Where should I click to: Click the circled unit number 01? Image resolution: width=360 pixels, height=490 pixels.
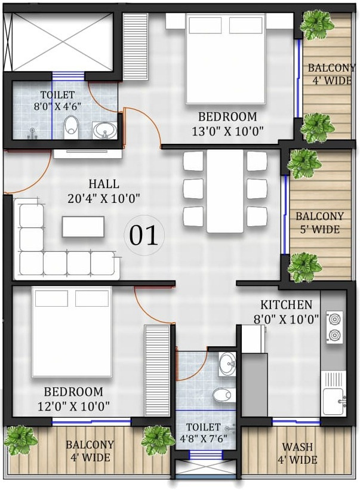(x=144, y=235)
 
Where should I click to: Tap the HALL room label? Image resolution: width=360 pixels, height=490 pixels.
(x=104, y=184)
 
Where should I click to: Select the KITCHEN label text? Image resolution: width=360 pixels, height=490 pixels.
(x=286, y=305)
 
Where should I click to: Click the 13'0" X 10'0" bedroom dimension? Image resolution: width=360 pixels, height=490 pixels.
(x=227, y=131)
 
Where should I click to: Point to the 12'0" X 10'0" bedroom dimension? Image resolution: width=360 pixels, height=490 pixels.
(x=74, y=406)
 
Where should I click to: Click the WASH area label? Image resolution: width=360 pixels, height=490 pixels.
(x=297, y=446)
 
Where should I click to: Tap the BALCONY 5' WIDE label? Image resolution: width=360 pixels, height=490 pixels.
(x=319, y=223)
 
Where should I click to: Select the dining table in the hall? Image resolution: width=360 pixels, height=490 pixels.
(x=225, y=191)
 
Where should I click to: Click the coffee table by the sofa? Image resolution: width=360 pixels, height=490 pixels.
(x=83, y=227)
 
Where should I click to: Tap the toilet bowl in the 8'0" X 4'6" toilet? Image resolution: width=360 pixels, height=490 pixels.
(x=70, y=127)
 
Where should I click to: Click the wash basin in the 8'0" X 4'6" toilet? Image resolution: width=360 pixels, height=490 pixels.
(x=104, y=130)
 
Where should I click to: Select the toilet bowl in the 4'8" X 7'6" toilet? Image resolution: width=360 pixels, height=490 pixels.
(x=224, y=395)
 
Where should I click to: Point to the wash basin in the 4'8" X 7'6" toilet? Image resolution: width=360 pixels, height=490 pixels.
(x=227, y=364)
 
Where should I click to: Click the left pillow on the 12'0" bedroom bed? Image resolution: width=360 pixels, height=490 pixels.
(x=51, y=298)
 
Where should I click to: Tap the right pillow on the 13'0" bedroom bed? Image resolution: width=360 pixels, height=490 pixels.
(x=245, y=25)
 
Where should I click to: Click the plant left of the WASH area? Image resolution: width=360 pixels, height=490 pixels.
(x=158, y=440)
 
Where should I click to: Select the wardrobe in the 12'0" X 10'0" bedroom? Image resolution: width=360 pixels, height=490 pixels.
(x=157, y=370)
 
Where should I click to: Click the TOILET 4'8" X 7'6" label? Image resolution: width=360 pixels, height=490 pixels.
(x=204, y=433)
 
